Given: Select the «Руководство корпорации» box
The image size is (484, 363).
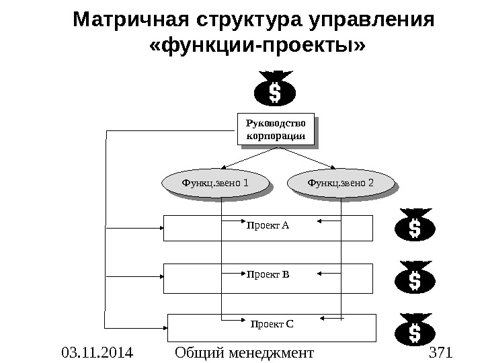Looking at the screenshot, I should pyautogui.click(x=276, y=130).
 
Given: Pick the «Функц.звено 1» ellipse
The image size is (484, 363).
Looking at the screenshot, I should pyautogui.click(x=214, y=182).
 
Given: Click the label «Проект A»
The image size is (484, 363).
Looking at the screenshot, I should pyautogui.click(x=268, y=225).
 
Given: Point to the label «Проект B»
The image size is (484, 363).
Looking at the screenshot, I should pyautogui.click(x=268, y=274).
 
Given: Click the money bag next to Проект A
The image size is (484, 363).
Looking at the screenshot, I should pyautogui.click(x=414, y=226).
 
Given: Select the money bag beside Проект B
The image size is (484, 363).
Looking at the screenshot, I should pyautogui.click(x=414, y=277).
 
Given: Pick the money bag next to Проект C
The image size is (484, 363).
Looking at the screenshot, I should pyautogui.click(x=414, y=329).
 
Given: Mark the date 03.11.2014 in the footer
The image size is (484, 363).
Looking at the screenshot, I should pyautogui.click(x=97, y=352).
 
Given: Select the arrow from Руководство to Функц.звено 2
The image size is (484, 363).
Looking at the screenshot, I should pyautogui.click(x=306, y=157).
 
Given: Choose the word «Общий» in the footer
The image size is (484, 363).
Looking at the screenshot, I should pyautogui.click(x=197, y=352).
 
